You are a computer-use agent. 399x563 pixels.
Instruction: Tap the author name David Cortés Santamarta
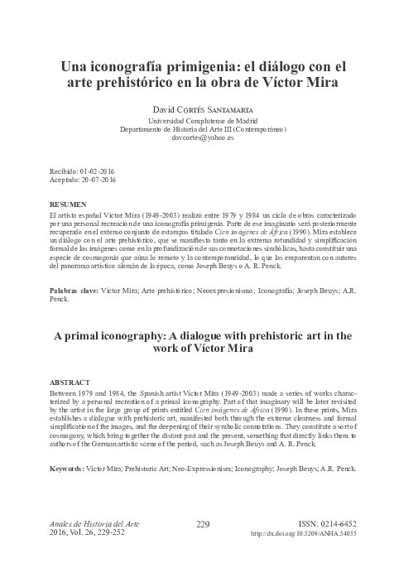click(x=199, y=108)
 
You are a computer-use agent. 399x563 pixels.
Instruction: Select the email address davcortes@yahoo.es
click(x=199, y=139)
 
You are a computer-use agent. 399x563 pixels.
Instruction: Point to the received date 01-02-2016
click(x=99, y=170)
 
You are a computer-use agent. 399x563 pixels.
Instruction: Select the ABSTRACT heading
click(x=70, y=383)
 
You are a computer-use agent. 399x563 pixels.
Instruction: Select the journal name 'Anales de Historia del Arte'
click(x=91, y=523)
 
